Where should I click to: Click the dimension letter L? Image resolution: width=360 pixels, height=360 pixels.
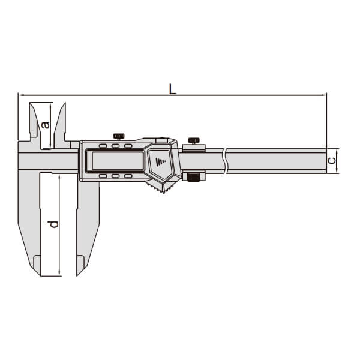[x=172, y=89]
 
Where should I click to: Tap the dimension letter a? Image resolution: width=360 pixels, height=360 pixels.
[x=46, y=125]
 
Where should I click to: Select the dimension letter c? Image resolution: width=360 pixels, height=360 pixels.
[x=332, y=160]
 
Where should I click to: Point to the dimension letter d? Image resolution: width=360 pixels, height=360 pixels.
[x=54, y=224]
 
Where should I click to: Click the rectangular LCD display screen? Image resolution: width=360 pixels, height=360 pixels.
[x=118, y=160]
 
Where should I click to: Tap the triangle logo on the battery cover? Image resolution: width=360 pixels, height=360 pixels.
[x=161, y=162]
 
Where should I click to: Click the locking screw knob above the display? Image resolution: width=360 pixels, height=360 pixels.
[x=119, y=136]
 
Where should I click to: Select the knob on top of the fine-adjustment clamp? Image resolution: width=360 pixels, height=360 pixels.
[x=194, y=140]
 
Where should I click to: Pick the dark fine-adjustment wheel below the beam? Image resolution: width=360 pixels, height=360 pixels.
[x=194, y=178]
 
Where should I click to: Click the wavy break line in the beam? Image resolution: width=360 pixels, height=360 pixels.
[x=225, y=161]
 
